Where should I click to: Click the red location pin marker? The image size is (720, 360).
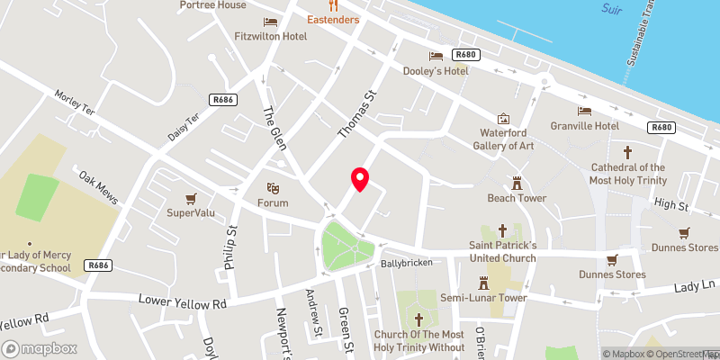click(x=360, y=178)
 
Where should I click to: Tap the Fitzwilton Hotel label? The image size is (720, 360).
click(x=271, y=36)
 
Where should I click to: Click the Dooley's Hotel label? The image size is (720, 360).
click(x=461, y=70)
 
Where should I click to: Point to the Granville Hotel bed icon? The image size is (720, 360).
click(x=585, y=111)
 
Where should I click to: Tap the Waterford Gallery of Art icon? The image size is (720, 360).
click(x=503, y=119)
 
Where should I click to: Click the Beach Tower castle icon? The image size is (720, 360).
click(x=517, y=182)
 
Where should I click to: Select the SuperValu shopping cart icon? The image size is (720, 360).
click(x=191, y=198)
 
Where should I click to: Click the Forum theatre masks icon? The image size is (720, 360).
click(x=272, y=188)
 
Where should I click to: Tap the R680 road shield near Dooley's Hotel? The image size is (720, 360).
click(x=465, y=55)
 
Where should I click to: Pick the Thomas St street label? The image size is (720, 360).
click(x=355, y=114)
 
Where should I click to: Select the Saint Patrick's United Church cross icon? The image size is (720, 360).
click(x=502, y=231)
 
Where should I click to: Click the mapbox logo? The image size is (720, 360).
click(x=40, y=348)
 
